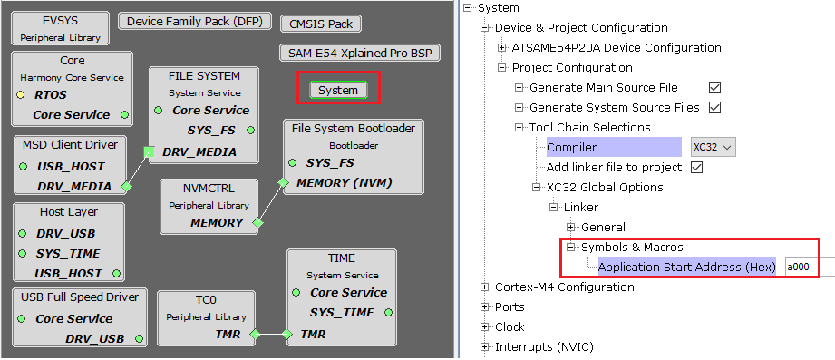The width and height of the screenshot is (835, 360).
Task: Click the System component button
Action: [x=337, y=90]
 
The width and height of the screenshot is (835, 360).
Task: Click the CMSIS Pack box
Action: [x=320, y=24]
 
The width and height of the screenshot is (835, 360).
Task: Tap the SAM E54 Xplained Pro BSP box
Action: [x=359, y=53]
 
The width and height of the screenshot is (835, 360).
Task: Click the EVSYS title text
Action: [x=61, y=21]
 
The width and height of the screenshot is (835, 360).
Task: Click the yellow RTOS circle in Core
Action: [x=20, y=95]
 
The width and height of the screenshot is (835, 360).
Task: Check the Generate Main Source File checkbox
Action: [x=714, y=88]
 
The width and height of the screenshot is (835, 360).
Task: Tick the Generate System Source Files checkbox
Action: [x=714, y=108]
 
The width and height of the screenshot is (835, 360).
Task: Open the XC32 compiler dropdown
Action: [x=712, y=147]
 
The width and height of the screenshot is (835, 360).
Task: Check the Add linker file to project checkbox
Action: [x=696, y=168]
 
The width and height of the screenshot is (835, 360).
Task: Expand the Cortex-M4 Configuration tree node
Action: [x=485, y=287]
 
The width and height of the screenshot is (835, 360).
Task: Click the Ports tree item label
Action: [x=510, y=307]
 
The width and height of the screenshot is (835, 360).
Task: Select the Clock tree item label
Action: [x=510, y=327]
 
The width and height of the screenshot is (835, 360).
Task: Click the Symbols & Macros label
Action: [x=632, y=248]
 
